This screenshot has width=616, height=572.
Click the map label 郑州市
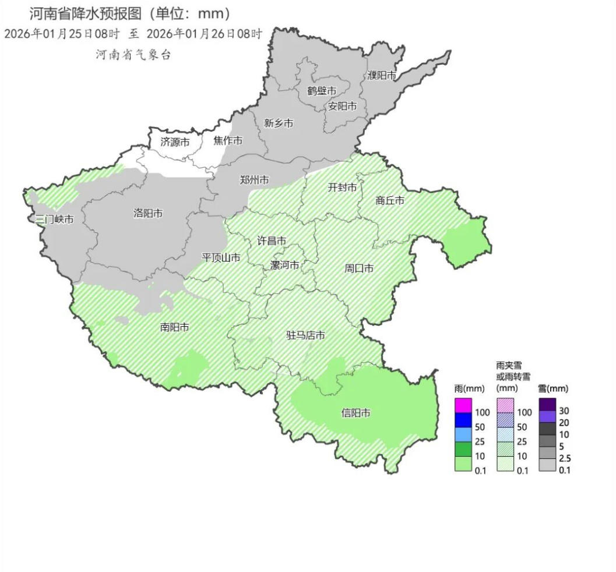pyautogui.click(x=255, y=180)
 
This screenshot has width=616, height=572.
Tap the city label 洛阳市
pyautogui.click(x=148, y=213)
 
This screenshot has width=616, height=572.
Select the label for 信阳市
pyautogui.click(x=356, y=413)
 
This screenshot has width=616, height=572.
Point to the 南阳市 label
pyautogui.click(x=175, y=327)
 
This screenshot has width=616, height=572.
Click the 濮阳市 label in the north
pyautogui.click(x=382, y=75)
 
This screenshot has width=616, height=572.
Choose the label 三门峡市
pyautogui.click(x=54, y=220)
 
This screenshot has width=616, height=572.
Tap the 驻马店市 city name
pyautogui.click(x=305, y=336)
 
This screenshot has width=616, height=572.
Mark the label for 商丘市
pyautogui.click(x=390, y=200)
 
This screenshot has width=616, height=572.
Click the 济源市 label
pyautogui.click(x=175, y=142)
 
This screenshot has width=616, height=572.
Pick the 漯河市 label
pyautogui.click(x=285, y=265)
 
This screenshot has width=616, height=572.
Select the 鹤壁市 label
pyautogui.click(x=322, y=91)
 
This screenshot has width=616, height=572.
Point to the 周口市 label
pyautogui.click(x=359, y=268)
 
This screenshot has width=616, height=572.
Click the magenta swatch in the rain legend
pyautogui.click(x=463, y=404)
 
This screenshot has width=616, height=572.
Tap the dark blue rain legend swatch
pyautogui.click(x=463, y=419)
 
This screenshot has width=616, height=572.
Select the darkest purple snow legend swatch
pyautogui.click(x=547, y=404)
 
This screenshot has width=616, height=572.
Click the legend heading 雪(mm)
pyautogui.click(x=552, y=389)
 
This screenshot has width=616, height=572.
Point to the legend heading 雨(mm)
pyautogui.click(x=470, y=389)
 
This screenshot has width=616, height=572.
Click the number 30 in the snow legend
pyautogui.click(x=564, y=411)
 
